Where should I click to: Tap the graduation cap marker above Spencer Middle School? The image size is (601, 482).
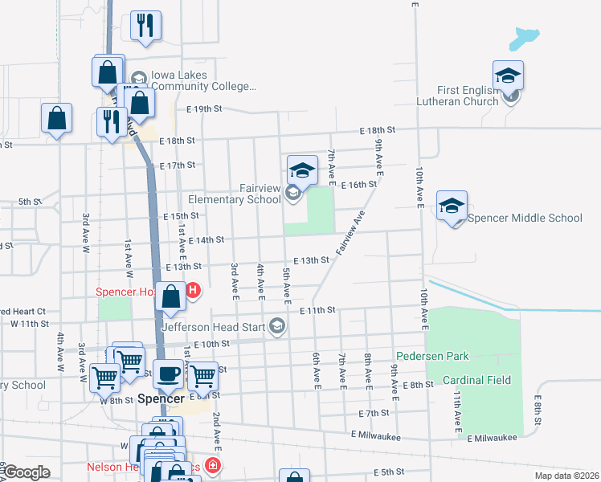pos(452,206)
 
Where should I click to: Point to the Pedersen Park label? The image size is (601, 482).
pos(431,355)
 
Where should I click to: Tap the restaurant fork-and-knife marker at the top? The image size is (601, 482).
pos(145,26)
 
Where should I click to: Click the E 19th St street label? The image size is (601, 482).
pos(203,108)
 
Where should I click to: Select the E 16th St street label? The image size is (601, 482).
pos(358,185)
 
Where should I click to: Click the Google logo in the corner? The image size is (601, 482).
pos(27,472)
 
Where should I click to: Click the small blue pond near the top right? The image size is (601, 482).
pos(524,36)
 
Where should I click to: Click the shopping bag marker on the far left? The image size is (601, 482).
pos(57,118)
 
